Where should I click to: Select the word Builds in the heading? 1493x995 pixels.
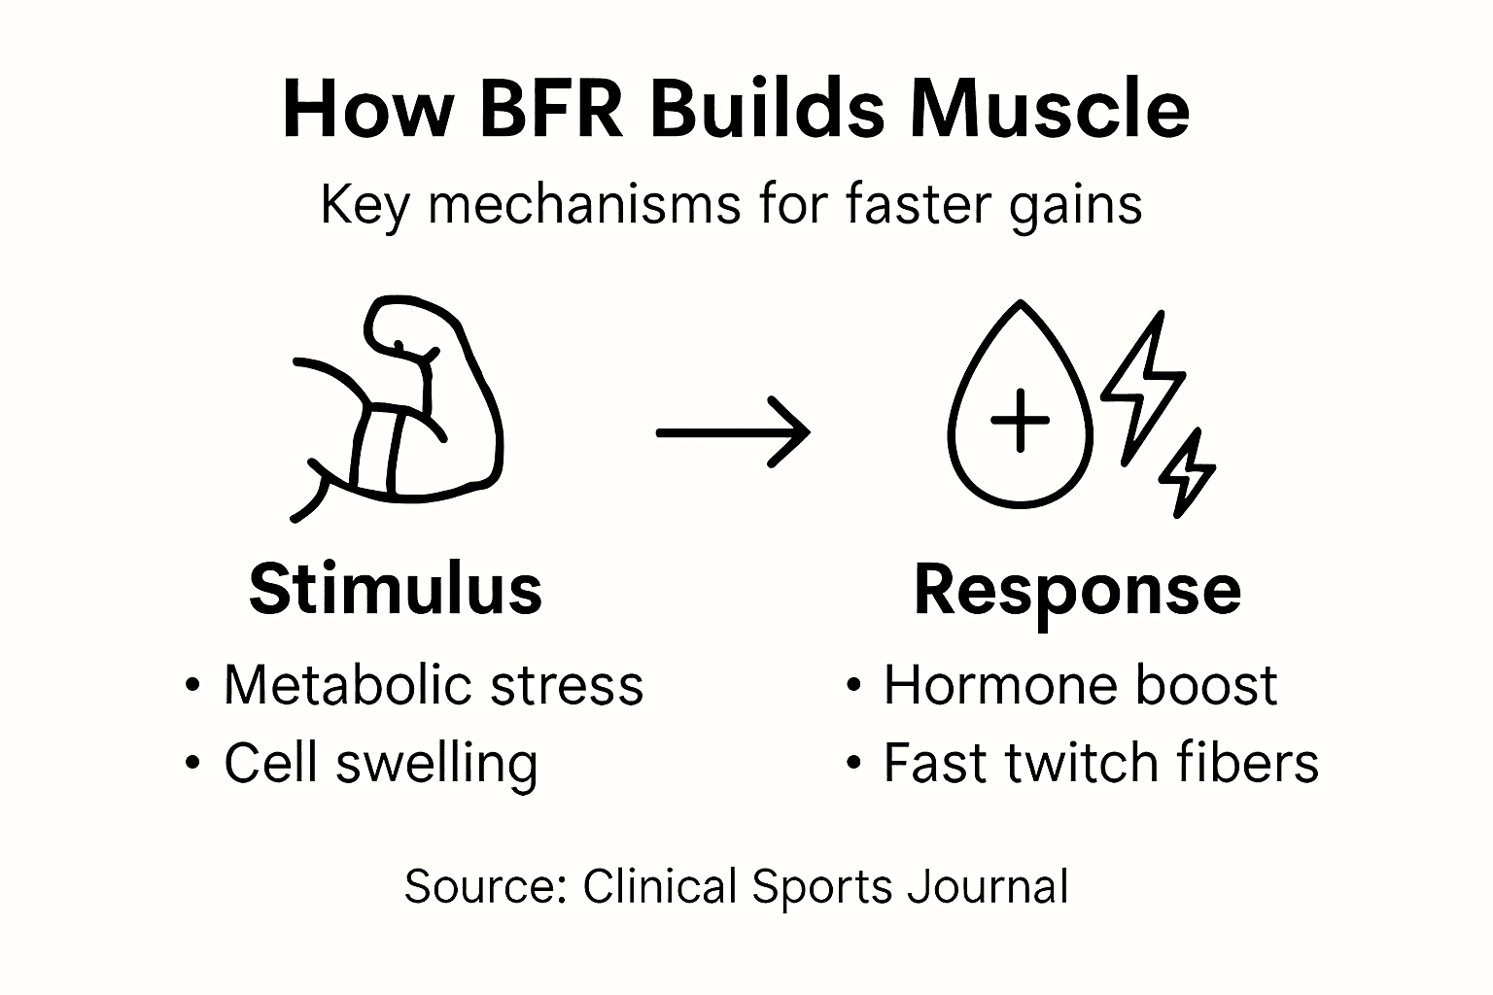(767, 109)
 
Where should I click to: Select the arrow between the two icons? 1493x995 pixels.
(733, 432)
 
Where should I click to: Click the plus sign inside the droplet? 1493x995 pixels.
(1020, 421)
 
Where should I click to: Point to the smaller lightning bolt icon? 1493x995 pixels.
(1187, 473)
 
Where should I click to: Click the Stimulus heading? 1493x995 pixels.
(396, 589)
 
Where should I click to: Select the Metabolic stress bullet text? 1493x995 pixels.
(434, 685)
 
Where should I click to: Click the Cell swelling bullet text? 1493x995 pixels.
(380, 763)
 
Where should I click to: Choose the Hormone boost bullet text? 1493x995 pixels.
(1079, 685)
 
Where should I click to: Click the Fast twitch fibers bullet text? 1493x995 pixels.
(1100, 763)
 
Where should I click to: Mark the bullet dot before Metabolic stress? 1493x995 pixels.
(192, 686)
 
